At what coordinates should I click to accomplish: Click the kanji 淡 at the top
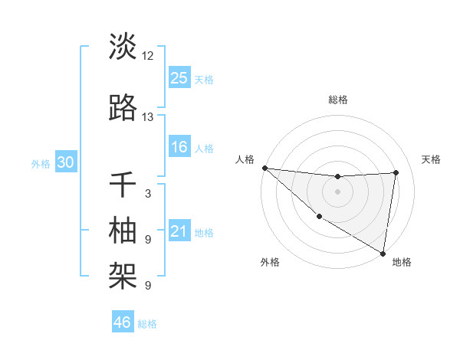(123, 47)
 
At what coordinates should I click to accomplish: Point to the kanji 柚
(123, 229)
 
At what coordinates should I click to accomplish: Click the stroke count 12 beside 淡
(148, 56)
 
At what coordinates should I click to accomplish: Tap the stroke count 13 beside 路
(148, 117)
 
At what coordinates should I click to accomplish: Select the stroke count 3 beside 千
(148, 194)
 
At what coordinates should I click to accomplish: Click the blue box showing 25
(179, 77)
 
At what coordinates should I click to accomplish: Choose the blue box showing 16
(179, 147)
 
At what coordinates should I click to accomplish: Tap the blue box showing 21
(179, 231)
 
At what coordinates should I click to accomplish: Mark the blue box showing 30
(65, 162)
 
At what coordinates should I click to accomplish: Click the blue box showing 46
(123, 322)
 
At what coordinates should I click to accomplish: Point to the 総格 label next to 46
(147, 324)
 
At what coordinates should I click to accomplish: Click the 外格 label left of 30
(41, 163)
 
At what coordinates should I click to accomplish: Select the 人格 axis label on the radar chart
(245, 159)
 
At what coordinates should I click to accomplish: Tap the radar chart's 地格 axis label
(402, 262)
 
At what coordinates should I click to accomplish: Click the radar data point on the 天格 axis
(396, 172)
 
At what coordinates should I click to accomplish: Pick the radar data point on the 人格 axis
(264, 168)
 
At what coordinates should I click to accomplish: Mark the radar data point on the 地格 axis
(383, 253)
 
